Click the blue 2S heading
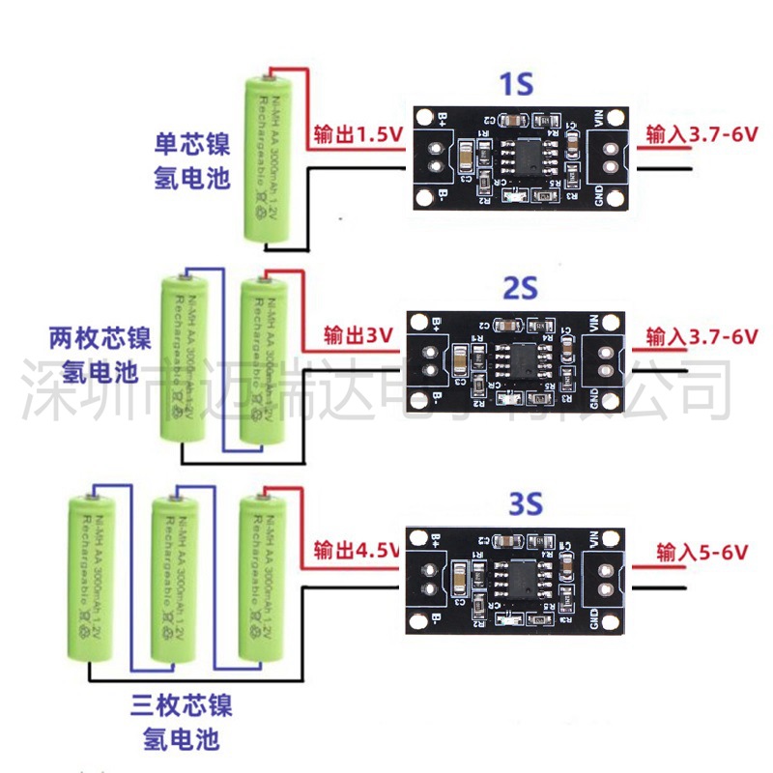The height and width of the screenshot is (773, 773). click(519, 289)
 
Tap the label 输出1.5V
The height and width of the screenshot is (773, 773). click(357, 134)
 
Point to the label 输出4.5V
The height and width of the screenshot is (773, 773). click(357, 551)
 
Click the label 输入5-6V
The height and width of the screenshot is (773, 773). click(702, 552)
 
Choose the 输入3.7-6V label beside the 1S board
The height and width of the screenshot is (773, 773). click(702, 134)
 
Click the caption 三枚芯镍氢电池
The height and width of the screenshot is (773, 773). click(181, 721)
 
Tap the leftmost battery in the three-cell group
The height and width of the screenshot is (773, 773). click(93, 580)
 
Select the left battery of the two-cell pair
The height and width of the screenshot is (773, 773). click(183, 358)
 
